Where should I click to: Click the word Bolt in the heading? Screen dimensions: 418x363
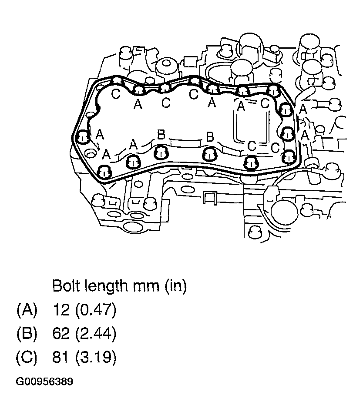pos(66,286)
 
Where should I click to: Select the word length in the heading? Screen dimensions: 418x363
pos(104,286)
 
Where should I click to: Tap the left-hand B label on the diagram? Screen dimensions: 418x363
pos(161,136)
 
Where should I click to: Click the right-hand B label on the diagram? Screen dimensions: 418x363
pos(210,138)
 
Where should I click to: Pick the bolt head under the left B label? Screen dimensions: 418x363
pos(161,153)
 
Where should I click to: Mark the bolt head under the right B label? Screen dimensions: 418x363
pos(209,153)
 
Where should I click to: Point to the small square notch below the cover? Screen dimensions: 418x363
pos(209,198)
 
